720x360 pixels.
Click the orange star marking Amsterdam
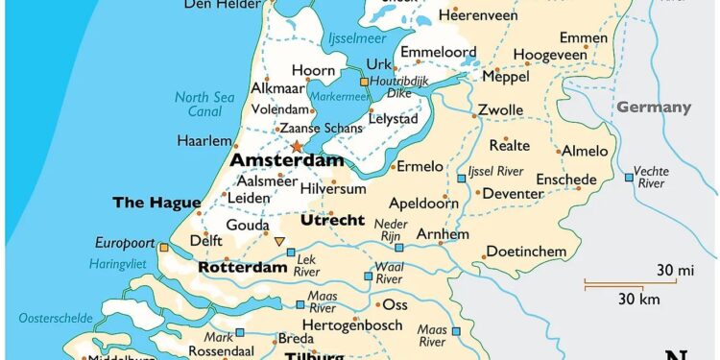[x=297, y=147]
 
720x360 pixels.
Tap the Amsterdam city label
[x=287, y=161]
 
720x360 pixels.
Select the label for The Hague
[x=156, y=202]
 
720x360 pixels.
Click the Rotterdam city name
[x=243, y=268]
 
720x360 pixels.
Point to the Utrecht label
[x=332, y=220]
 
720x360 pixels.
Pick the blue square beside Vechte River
[x=629, y=177]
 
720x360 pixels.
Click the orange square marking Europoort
[x=164, y=248]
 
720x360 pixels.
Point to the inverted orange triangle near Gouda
[x=279, y=241]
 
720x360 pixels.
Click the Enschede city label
[x=565, y=180]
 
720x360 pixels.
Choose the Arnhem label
[x=443, y=234]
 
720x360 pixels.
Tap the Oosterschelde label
[x=55, y=317]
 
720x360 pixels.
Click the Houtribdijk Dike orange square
[x=364, y=82]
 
